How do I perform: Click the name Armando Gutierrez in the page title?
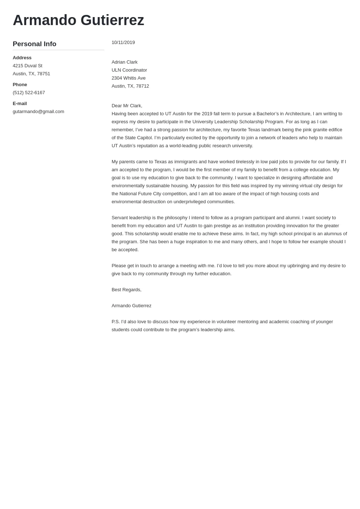pyautogui.click(x=78, y=20)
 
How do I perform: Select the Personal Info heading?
pyautogui.click(x=35, y=44)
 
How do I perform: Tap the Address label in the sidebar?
pyautogui.click(x=22, y=58)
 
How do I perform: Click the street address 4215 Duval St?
pyautogui.click(x=28, y=66)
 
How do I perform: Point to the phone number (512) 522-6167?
pyautogui.click(x=29, y=93)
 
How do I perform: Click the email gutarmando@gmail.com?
pyautogui.click(x=38, y=112)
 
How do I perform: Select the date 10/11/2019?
pyautogui.click(x=123, y=43)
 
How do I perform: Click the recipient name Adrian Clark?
pyautogui.click(x=124, y=62)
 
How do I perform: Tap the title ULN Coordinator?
pyautogui.click(x=129, y=70)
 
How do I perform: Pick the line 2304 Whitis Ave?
pyautogui.click(x=128, y=78)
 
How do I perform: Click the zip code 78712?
pyautogui.click(x=143, y=86)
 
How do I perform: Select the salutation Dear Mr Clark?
pyautogui.click(x=127, y=106)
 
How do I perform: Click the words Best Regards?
pyautogui.click(x=126, y=290)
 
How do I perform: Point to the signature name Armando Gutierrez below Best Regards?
pyautogui.click(x=131, y=306)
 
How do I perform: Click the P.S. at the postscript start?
pyautogui.click(x=116, y=322)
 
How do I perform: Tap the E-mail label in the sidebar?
pyautogui.click(x=20, y=104)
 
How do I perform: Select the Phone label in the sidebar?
pyautogui.click(x=20, y=85)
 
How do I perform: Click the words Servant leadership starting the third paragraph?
pyautogui.click(x=131, y=218)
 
